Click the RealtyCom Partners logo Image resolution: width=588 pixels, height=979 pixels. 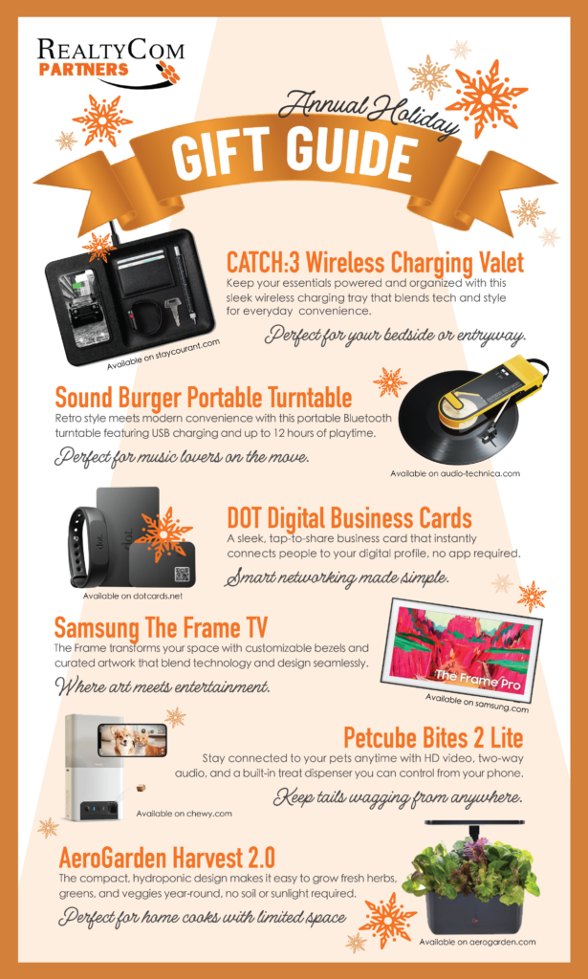[x=109, y=62]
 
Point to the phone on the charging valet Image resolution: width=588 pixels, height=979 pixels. [x=80, y=305]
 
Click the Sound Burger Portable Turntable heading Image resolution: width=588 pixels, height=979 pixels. [x=204, y=397]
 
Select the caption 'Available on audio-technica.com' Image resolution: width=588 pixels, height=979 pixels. [x=455, y=473]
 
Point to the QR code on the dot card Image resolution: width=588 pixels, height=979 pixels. [x=181, y=574]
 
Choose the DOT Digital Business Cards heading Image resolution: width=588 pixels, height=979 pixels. [x=349, y=518]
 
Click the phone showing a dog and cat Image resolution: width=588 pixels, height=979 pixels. [x=132, y=740]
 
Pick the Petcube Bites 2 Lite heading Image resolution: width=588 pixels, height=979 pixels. [x=433, y=739]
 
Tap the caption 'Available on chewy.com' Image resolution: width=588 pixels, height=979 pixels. [x=185, y=813]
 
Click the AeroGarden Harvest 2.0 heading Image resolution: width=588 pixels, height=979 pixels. [x=166, y=858]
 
